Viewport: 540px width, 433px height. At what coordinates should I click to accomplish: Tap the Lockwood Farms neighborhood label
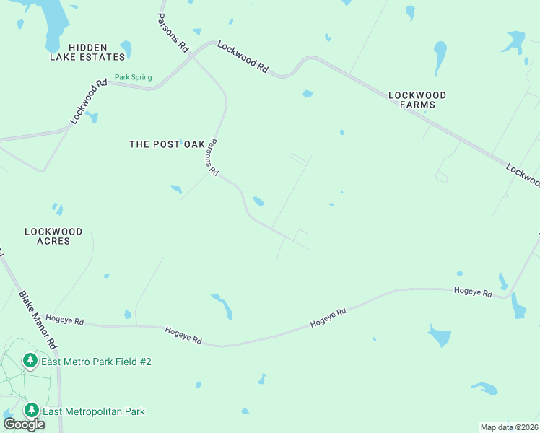coord(417,100)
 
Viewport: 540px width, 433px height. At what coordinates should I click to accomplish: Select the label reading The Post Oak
coord(167,144)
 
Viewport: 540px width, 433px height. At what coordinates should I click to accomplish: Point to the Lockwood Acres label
coord(53,236)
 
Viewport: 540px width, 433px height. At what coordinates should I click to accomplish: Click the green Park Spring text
coord(133,77)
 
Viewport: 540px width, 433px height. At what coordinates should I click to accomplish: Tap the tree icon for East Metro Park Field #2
coord(30,360)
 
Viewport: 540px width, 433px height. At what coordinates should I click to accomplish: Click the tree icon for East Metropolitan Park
coord(31,411)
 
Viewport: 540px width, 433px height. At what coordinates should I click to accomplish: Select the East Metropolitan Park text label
coord(94,411)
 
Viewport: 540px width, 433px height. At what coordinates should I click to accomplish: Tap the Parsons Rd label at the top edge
coord(173,32)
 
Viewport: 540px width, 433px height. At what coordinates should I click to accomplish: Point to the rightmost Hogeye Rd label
coord(473,292)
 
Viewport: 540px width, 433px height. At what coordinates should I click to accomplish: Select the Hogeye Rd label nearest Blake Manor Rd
coord(64,319)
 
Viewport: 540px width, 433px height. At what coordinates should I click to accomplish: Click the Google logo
coord(24,424)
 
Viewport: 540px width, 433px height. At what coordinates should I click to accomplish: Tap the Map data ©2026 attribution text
coord(509,427)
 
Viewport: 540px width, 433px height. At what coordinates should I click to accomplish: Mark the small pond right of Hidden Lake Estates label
coord(126,49)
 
